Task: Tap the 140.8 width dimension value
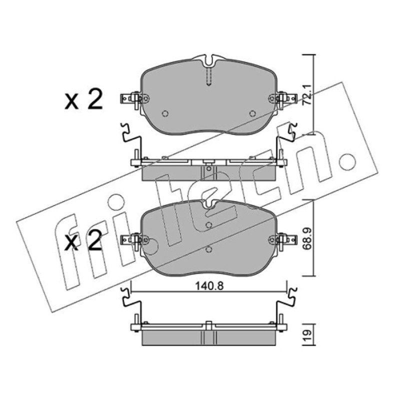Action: click(209, 286)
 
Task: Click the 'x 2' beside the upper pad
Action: click(83, 99)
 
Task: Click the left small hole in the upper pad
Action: click(165, 113)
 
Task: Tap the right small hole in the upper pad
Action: click(252, 113)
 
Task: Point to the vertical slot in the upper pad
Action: click(208, 76)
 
